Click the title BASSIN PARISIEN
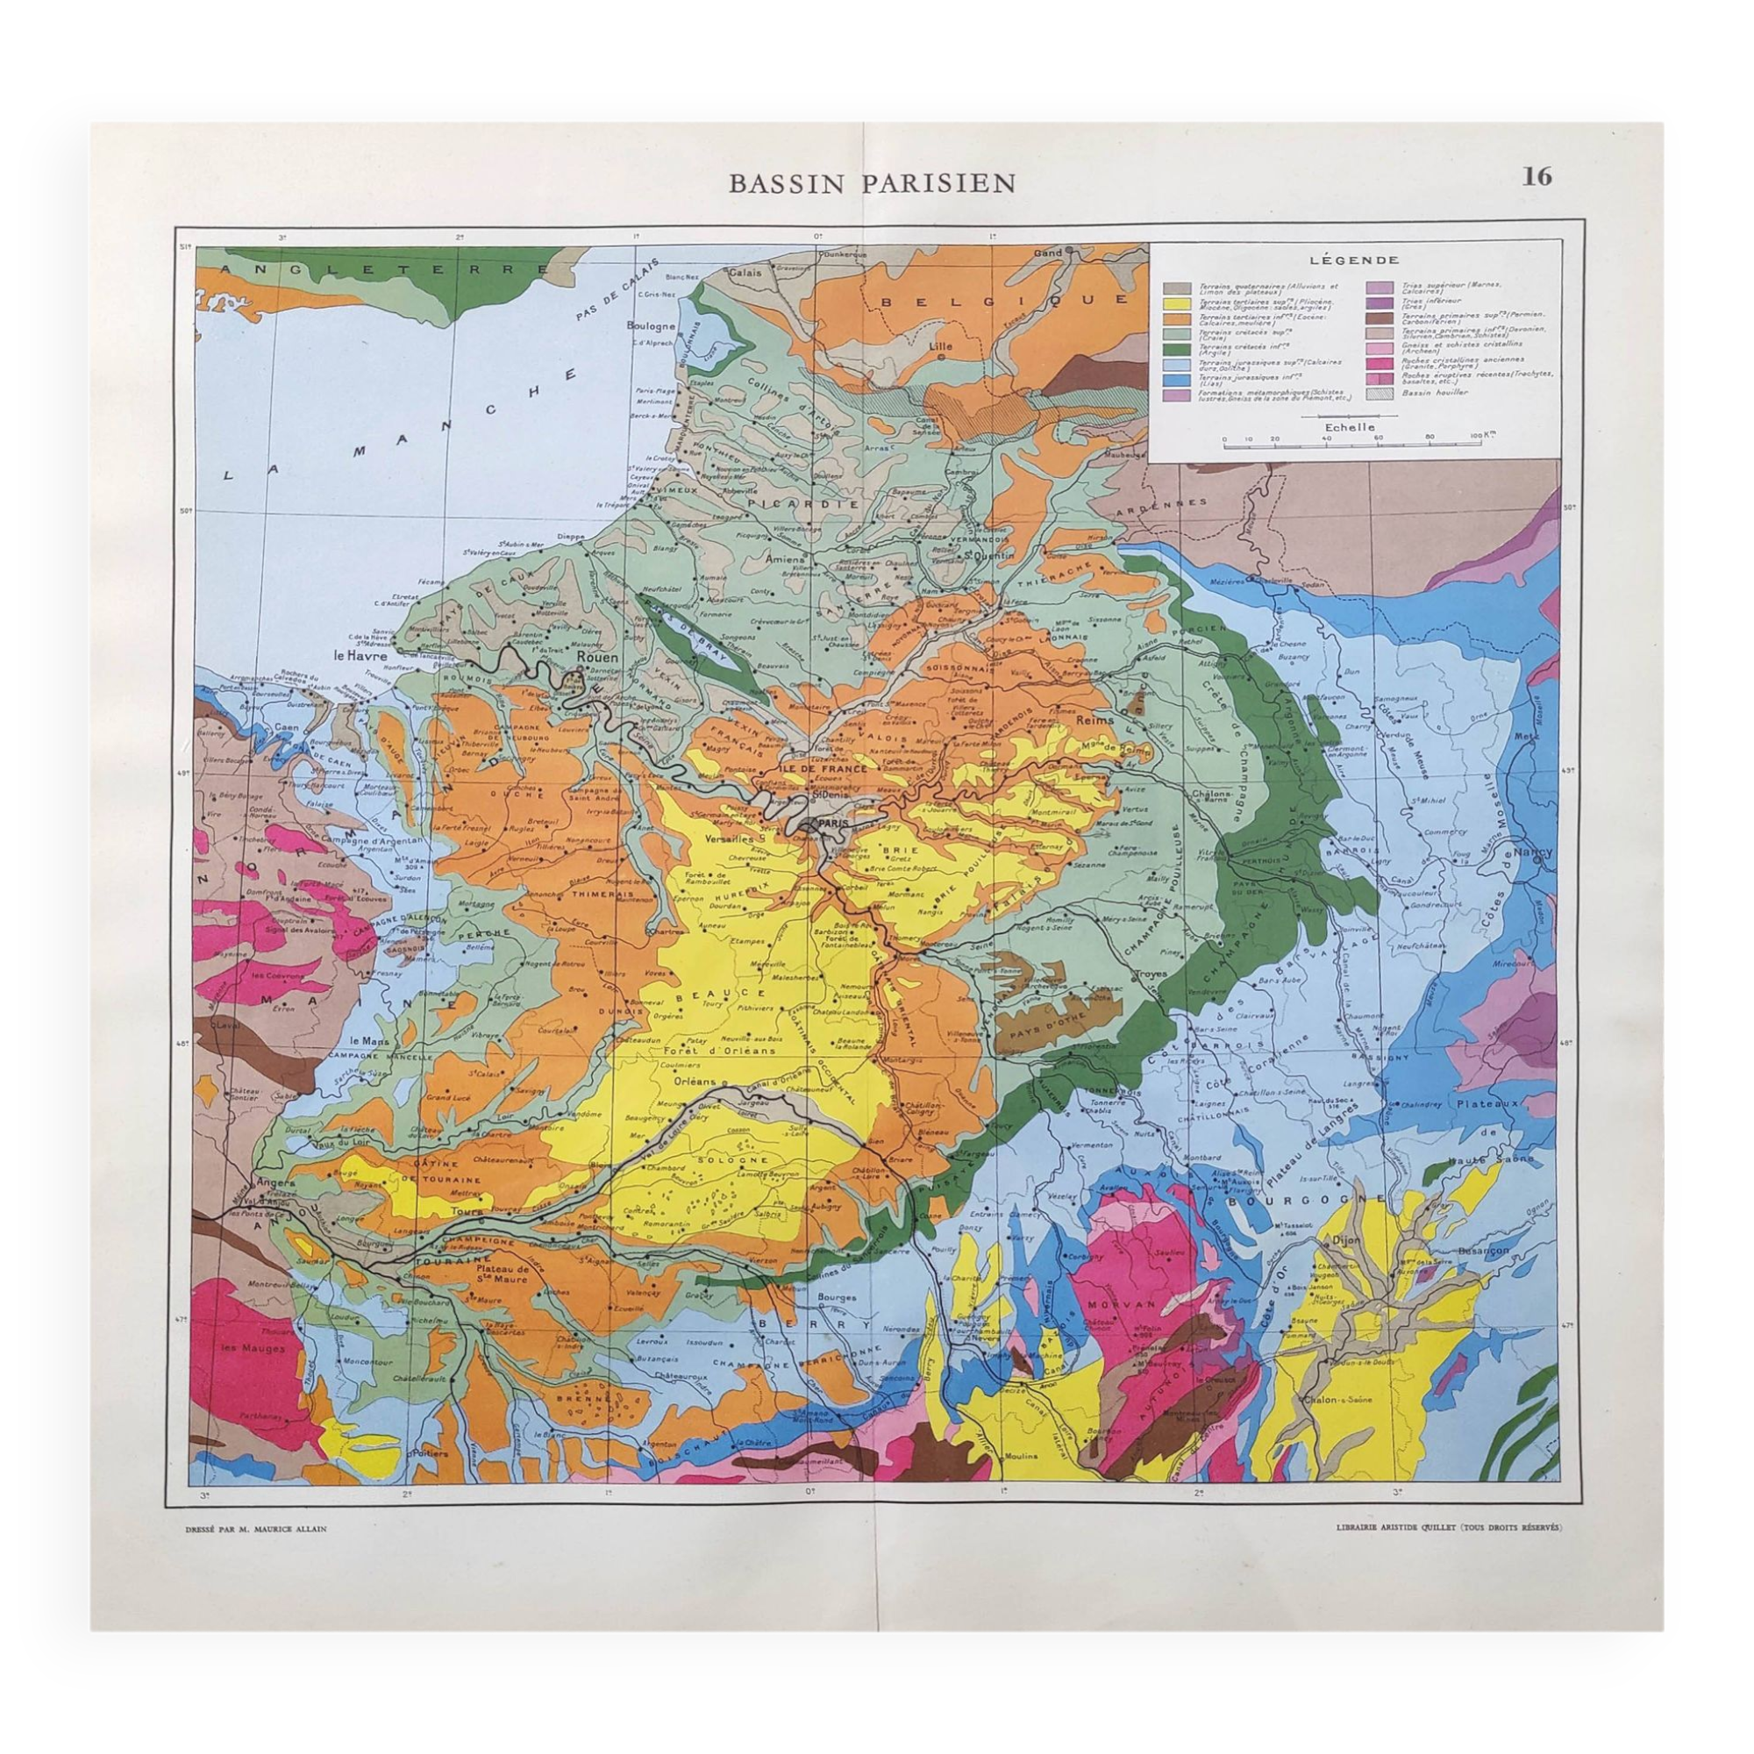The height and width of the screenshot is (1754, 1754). point(873,183)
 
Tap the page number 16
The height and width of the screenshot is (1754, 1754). point(1537,176)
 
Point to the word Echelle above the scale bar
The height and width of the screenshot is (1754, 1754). point(1349,427)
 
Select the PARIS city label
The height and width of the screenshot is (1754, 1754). point(832,823)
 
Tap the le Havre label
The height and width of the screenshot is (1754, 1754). point(360,653)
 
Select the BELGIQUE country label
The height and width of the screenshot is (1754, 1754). point(1000,300)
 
